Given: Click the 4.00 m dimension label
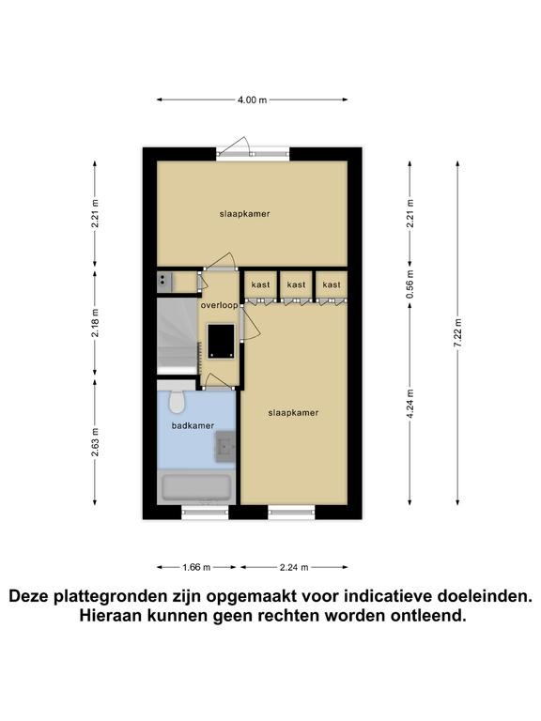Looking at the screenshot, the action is (252, 100).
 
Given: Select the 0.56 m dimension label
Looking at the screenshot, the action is (410, 284).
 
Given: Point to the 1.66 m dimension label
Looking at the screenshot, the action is (196, 567).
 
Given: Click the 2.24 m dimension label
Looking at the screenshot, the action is (294, 567).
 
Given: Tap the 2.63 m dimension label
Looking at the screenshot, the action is (95, 442).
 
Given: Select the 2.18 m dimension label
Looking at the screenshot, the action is (95, 323).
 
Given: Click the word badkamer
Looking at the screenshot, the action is (193, 426).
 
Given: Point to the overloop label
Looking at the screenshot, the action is (220, 305).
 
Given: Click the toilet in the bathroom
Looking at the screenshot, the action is (177, 402).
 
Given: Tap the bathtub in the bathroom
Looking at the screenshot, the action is (196, 488).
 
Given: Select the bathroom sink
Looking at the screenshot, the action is (225, 446).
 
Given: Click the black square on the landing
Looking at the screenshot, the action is (221, 341).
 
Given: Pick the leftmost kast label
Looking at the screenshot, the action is (260, 285).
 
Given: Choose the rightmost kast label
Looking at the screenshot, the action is (332, 285).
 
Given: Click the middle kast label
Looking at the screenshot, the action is (296, 285).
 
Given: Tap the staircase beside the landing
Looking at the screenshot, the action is (178, 336).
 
